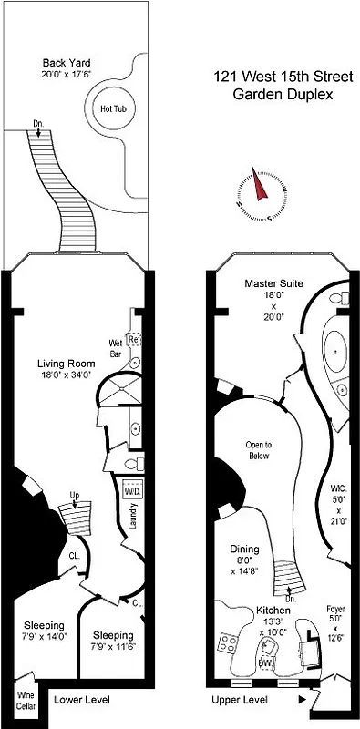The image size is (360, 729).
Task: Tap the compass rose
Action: (x=259, y=192)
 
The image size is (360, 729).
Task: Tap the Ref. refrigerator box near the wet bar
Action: (x=135, y=340)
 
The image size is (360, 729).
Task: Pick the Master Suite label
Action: (x=273, y=283)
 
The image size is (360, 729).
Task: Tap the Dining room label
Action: (x=249, y=549)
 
